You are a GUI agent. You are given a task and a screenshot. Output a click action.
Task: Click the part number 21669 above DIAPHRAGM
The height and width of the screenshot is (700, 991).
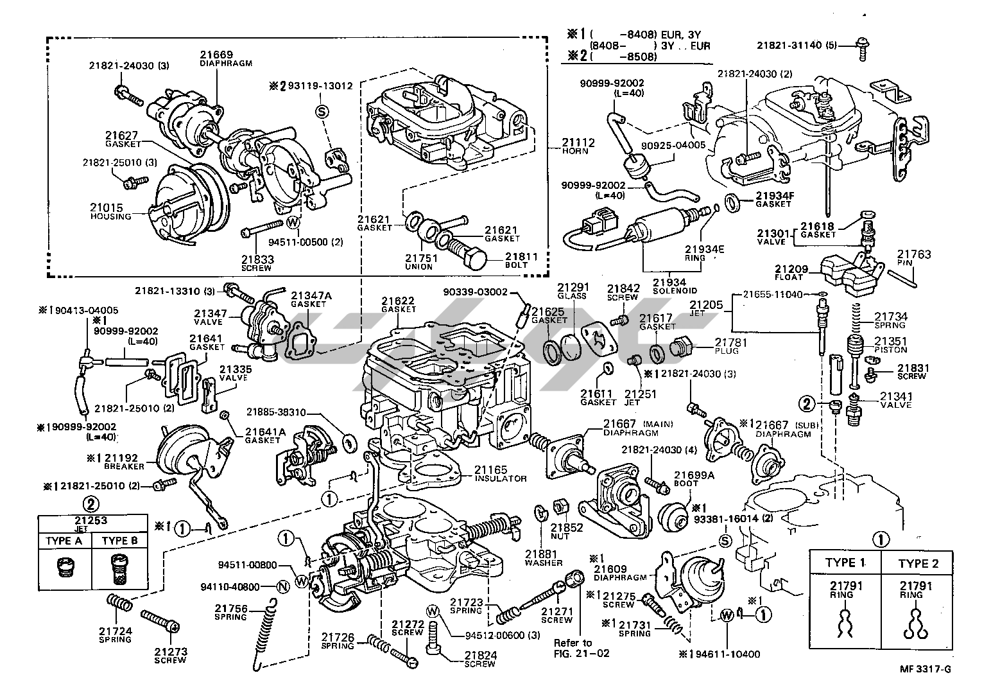tap(216, 55)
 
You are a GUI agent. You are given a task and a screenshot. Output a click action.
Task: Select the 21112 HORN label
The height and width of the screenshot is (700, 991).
tap(578, 146)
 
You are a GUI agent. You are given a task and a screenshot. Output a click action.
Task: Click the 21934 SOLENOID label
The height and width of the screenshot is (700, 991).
tap(669, 286)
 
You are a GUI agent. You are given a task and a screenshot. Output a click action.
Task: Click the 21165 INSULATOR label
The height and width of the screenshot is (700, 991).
tap(500, 474)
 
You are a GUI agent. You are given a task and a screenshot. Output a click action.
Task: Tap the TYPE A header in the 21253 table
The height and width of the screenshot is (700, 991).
tap(64, 541)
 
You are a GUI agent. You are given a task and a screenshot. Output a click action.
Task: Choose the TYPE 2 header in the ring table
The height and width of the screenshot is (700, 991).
tap(918, 563)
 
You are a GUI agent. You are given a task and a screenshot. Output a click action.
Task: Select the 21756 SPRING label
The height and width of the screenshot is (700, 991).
tap(231, 612)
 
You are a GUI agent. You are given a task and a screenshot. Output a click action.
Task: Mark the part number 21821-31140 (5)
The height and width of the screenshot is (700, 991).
tap(804, 45)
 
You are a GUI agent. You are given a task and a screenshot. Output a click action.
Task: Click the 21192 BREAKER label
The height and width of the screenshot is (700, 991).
tap(121, 462)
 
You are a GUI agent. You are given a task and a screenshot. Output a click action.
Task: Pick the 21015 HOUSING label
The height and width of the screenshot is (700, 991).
tap(110, 211)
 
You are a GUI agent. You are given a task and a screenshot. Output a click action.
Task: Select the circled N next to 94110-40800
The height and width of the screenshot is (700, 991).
tap(280, 586)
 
